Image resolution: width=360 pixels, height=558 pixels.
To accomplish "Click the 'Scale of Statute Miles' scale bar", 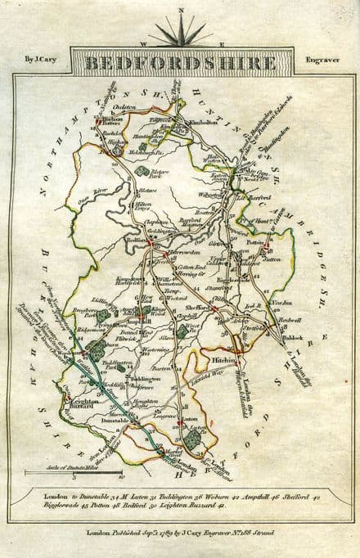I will [74, 474].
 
